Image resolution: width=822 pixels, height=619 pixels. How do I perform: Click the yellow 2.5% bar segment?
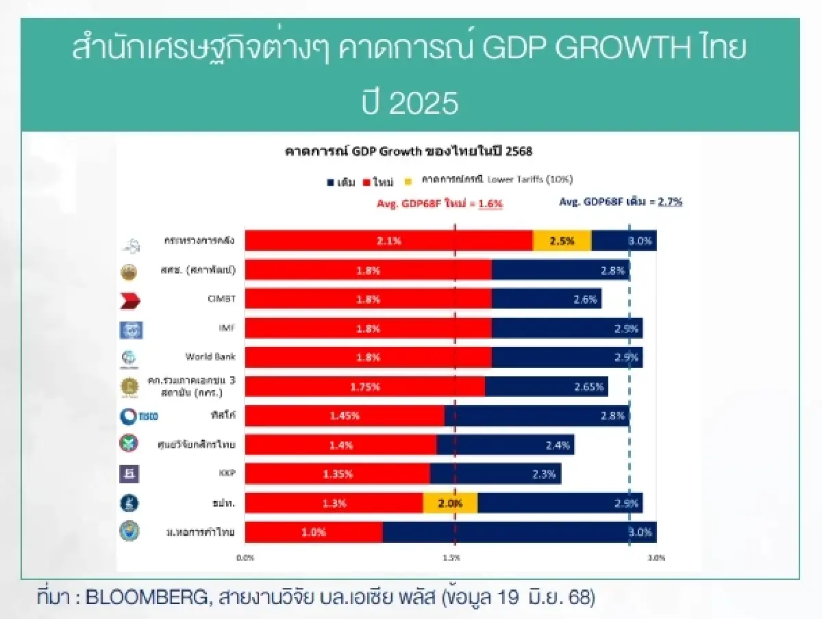562,241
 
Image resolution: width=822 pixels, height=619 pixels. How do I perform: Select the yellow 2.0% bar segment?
450,502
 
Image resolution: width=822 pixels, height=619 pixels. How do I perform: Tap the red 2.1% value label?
388,241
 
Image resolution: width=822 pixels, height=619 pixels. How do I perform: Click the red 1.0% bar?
314,532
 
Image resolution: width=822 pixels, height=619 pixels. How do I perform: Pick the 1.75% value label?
364,387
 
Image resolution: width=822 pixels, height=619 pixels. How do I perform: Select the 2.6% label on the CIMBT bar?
586,299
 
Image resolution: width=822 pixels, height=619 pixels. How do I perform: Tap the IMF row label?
227,328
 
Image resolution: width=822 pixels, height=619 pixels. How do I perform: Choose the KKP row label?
227,473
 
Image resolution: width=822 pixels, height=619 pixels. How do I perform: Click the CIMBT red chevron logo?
130,300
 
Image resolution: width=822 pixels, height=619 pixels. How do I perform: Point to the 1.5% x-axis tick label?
451,558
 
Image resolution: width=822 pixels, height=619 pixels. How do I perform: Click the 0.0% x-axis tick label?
245,558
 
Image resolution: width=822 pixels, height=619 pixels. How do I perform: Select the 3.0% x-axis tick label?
656,558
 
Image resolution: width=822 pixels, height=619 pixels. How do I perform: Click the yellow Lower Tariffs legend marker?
408,180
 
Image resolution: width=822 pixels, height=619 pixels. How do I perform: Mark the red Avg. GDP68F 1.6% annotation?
440,204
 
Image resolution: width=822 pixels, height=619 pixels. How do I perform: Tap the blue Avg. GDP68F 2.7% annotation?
620,202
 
